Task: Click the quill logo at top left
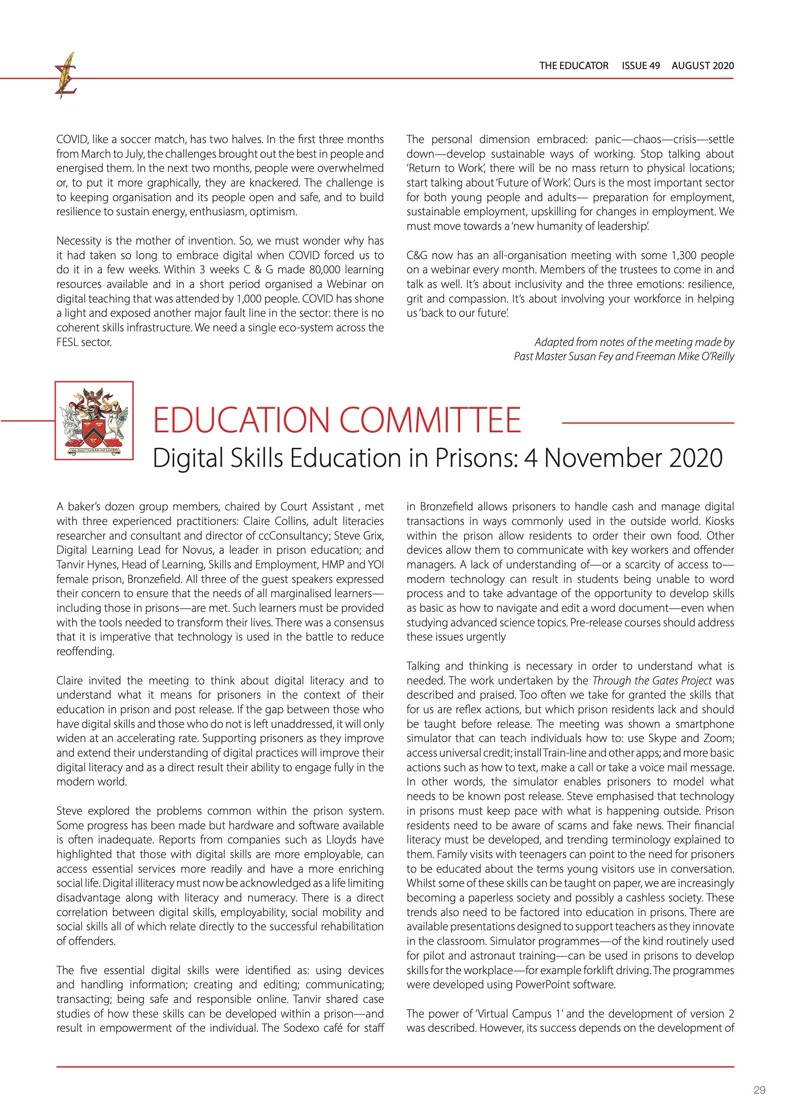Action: tap(66, 76)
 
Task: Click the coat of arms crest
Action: tap(94, 420)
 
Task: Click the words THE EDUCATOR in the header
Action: tap(574, 66)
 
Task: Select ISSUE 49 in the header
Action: tap(640, 66)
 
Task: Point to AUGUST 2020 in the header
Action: tap(702, 66)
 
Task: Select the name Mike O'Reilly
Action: tap(702, 357)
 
